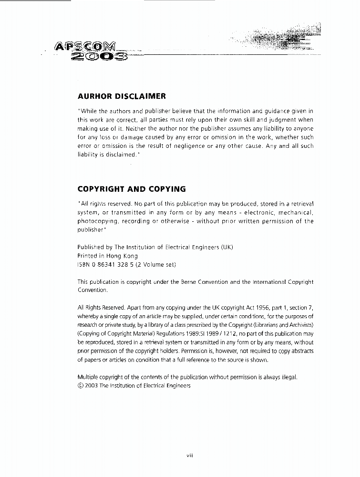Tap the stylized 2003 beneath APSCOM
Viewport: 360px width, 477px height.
99,58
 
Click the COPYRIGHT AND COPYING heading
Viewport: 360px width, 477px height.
132,189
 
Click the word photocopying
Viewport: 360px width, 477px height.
98,221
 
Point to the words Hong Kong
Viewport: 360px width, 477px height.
122,256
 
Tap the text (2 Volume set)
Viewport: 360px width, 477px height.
155,264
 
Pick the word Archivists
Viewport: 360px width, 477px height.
300,325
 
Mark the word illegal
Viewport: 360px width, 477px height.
288,377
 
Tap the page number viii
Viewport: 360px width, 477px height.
189,456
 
